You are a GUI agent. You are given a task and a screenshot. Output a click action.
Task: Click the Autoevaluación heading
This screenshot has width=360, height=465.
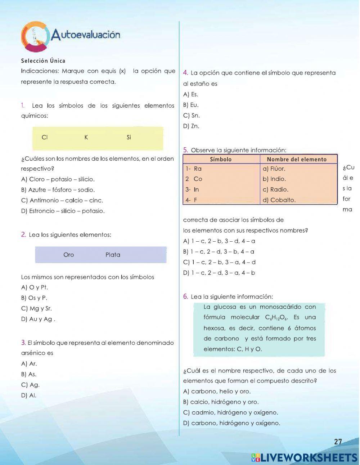click(85, 35)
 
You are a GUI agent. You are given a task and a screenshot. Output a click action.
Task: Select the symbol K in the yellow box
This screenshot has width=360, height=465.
click(86, 137)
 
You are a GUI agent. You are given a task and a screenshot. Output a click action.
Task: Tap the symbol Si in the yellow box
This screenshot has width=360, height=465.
click(129, 137)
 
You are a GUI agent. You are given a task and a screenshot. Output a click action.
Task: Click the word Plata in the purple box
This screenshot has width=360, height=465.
click(113, 255)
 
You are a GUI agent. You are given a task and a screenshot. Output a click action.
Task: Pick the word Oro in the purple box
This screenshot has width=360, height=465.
click(68, 255)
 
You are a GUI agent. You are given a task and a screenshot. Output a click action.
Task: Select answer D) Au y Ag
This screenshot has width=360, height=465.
click(38, 319)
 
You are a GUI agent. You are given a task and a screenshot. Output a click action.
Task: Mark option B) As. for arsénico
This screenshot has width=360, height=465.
click(29, 374)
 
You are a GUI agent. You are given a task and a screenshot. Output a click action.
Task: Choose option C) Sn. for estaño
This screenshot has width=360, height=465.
click(192, 116)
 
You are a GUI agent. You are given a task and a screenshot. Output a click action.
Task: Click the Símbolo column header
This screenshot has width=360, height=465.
click(221, 159)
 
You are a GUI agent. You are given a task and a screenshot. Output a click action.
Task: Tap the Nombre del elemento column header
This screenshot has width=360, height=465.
click(297, 159)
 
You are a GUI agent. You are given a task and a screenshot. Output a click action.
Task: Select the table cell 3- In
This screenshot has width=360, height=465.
click(193, 189)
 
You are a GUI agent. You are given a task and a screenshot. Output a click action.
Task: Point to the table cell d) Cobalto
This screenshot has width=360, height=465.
click(279, 200)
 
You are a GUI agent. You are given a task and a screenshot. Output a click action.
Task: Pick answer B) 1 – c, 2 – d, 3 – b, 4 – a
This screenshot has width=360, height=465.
click(219, 252)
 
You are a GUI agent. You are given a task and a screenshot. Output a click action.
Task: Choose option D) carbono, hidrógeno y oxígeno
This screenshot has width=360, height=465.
click(231, 423)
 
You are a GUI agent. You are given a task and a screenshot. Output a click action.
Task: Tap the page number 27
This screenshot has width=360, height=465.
click(338, 442)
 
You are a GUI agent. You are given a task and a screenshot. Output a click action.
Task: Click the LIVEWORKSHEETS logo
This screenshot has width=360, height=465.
click(304, 457)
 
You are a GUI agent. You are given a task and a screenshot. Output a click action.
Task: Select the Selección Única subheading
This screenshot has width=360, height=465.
click(43, 61)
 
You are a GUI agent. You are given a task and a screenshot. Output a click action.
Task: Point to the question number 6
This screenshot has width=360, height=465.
click(185, 297)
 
